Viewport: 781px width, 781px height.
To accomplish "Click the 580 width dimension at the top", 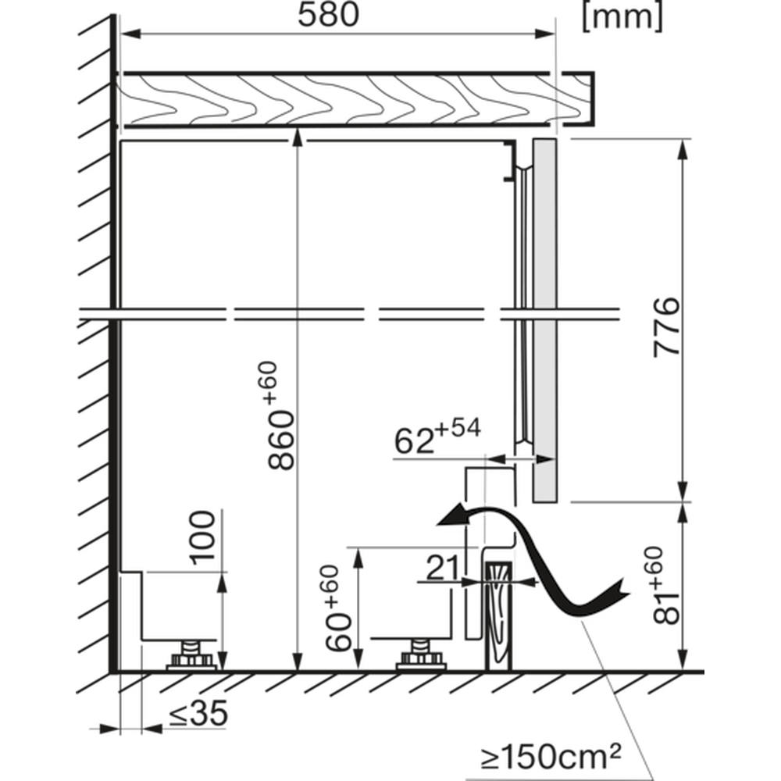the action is [328, 15].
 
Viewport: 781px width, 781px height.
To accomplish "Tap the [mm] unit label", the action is [622, 17].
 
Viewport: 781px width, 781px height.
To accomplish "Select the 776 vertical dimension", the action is [666, 327].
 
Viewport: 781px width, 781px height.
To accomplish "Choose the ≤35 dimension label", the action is [198, 713].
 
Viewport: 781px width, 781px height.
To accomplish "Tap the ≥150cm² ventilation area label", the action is [551, 757].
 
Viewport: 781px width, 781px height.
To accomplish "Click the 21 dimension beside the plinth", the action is [442, 568].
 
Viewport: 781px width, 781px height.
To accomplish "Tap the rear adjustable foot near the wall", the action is [191, 656].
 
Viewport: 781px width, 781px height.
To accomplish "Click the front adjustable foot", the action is [421, 656].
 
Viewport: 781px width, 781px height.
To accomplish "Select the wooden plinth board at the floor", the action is [498, 616].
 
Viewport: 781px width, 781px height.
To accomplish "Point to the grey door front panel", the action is [544, 319].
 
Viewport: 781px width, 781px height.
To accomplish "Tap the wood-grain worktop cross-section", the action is [355, 99].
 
